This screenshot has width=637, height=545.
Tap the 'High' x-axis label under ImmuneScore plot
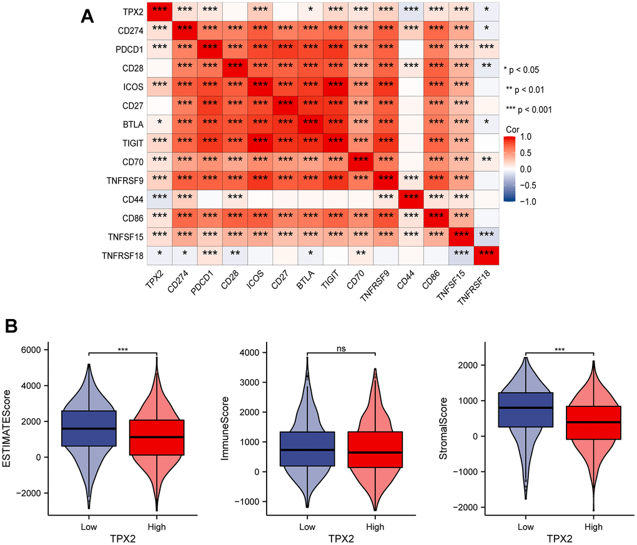tap(375, 526)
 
